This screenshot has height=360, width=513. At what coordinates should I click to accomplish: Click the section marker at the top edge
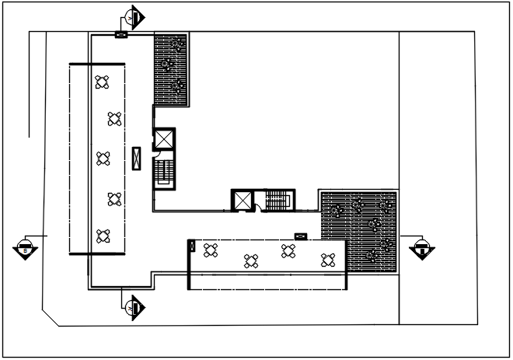[134, 16]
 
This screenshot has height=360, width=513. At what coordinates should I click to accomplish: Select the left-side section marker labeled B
[25, 249]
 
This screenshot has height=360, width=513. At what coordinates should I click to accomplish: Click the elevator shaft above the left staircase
[165, 139]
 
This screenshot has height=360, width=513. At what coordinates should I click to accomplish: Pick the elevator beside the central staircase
[243, 200]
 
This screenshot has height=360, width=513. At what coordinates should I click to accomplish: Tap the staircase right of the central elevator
[277, 200]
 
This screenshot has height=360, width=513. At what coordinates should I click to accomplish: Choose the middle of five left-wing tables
[103, 159]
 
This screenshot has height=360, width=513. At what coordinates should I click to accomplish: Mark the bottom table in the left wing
[103, 235]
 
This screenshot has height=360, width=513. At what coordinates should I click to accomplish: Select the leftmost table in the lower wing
[210, 250]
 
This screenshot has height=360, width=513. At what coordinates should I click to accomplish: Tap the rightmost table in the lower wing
[328, 260]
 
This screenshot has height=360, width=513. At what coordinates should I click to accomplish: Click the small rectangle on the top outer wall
[120, 34]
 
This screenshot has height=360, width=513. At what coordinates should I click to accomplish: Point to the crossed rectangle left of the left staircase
[137, 158]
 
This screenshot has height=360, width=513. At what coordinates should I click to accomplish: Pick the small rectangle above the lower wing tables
[301, 236]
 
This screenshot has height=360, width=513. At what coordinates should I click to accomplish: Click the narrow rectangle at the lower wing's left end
[191, 246]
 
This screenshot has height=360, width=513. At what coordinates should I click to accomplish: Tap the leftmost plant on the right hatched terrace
[336, 210]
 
